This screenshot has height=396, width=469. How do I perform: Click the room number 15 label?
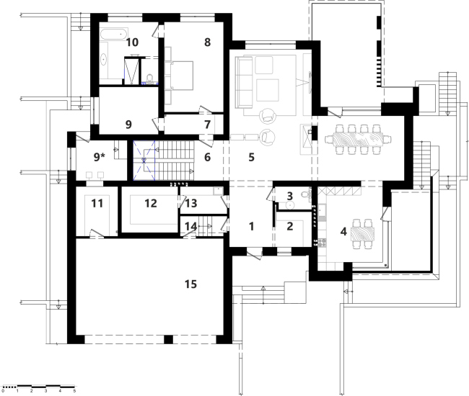pyautogui.click(x=190, y=284)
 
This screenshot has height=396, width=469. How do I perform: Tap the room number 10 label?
pyautogui.click(x=132, y=42)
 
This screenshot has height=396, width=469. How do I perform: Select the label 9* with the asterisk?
pyautogui.click(x=100, y=157)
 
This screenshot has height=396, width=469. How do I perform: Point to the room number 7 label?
pyautogui.click(x=207, y=125)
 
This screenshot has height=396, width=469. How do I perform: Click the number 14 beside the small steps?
pyautogui.click(x=190, y=227)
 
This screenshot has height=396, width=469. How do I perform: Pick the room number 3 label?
pyautogui.click(x=289, y=196)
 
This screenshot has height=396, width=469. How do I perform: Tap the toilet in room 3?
pyautogui.click(x=306, y=195)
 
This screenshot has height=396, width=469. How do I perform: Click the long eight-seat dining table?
pyautogui.click(x=357, y=140)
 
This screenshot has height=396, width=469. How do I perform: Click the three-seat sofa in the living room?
pyautogui.click(x=244, y=82)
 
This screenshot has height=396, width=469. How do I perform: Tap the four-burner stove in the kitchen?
pyautogui.click(x=322, y=243)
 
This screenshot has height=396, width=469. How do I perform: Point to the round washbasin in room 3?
pyautogui.click(x=289, y=205)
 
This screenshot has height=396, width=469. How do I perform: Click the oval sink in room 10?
pyautogui.click(x=104, y=60)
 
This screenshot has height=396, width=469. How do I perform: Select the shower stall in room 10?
pyautogui.click(x=131, y=71)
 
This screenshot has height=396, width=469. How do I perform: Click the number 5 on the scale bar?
pyautogui.click(x=74, y=391)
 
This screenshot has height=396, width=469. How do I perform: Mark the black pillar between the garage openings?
pyautogui.click(x=168, y=340)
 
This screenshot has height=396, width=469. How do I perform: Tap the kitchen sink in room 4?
pyautogui.click(x=322, y=210)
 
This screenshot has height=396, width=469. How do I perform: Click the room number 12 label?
pyautogui.click(x=151, y=203)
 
